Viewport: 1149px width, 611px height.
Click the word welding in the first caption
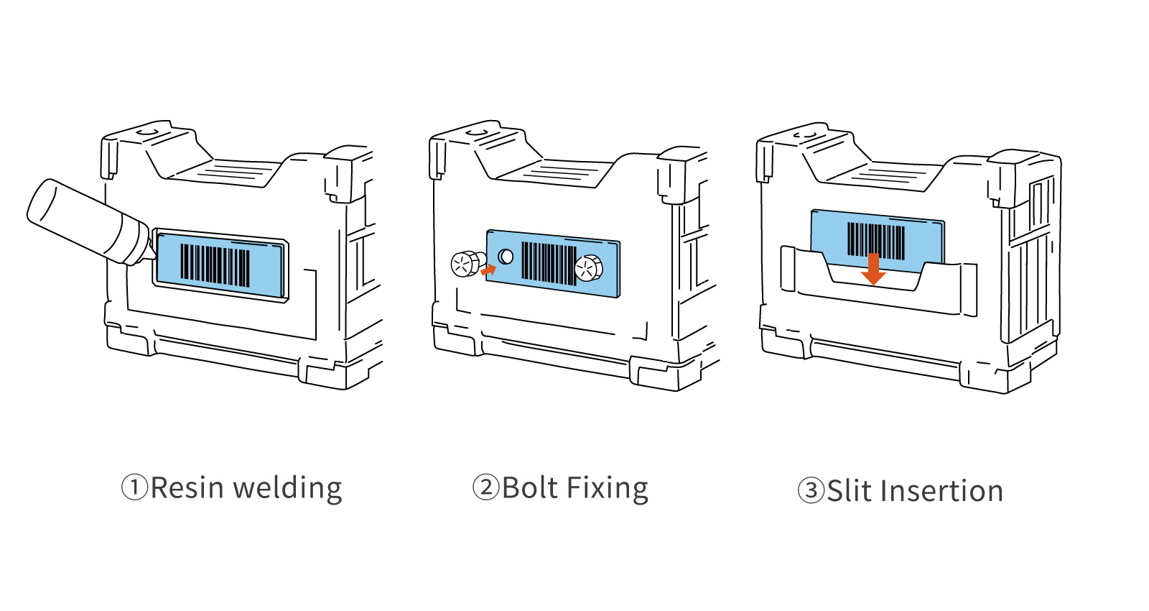click(288, 490)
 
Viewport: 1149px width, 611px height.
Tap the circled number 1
click(134, 487)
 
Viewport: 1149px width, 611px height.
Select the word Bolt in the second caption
click(530, 488)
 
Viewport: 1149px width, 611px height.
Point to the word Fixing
click(607, 490)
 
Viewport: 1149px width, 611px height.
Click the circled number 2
click(485, 487)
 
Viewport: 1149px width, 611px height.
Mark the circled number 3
click(811, 492)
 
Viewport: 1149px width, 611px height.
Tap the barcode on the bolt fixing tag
click(548, 263)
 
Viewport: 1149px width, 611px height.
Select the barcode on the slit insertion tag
click(876, 239)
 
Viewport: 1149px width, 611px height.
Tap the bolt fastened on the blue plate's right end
click(589, 268)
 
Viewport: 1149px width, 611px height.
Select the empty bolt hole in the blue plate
click(506, 257)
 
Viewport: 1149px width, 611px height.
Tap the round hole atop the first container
click(147, 132)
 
